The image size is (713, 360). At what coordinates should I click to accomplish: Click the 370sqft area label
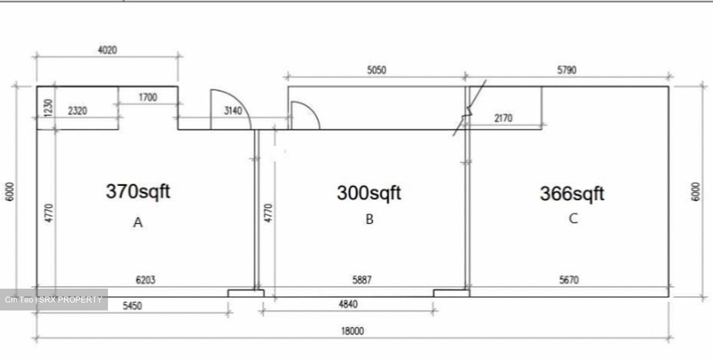pyautogui.click(x=138, y=192)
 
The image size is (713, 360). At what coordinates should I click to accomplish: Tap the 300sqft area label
pyautogui.click(x=369, y=193)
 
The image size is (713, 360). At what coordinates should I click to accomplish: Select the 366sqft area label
pyautogui.click(x=572, y=194)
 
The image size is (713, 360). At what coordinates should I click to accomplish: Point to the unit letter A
pyautogui.click(x=138, y=222)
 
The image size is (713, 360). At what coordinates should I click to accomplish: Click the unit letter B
pyautogui.click(x=369, y=219)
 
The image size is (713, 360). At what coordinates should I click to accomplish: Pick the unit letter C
pyautogui.click(x=573, y=219)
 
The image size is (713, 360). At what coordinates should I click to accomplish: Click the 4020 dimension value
pyautogui.click(x=107, y=50)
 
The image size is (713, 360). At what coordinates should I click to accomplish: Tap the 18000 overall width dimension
pyautogui.click(x=353, y=331)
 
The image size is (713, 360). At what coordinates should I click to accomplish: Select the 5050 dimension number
pyautogui.click(x=376, y=70)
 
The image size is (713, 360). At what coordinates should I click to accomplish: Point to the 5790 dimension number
pyautogui.click(x=566, y=70)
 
